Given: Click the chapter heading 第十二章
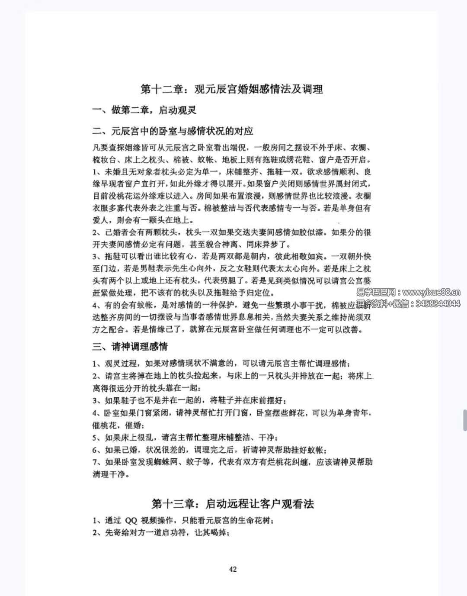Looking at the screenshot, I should [162, 89].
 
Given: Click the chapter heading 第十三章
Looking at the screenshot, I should [173, 504].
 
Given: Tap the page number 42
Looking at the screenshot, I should [233, 569].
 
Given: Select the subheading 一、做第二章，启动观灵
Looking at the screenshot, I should [144, 110].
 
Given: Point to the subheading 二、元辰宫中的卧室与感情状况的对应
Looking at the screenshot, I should [173, 131].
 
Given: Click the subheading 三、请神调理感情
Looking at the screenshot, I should [130, 347].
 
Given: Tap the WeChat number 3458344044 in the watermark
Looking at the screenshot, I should [438, 304].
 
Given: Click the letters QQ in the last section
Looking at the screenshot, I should [131, 521].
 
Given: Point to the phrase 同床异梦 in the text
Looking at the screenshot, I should [262, 245].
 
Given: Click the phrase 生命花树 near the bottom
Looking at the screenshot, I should [255, 521].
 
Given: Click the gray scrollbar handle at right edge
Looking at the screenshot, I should [465, 419].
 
